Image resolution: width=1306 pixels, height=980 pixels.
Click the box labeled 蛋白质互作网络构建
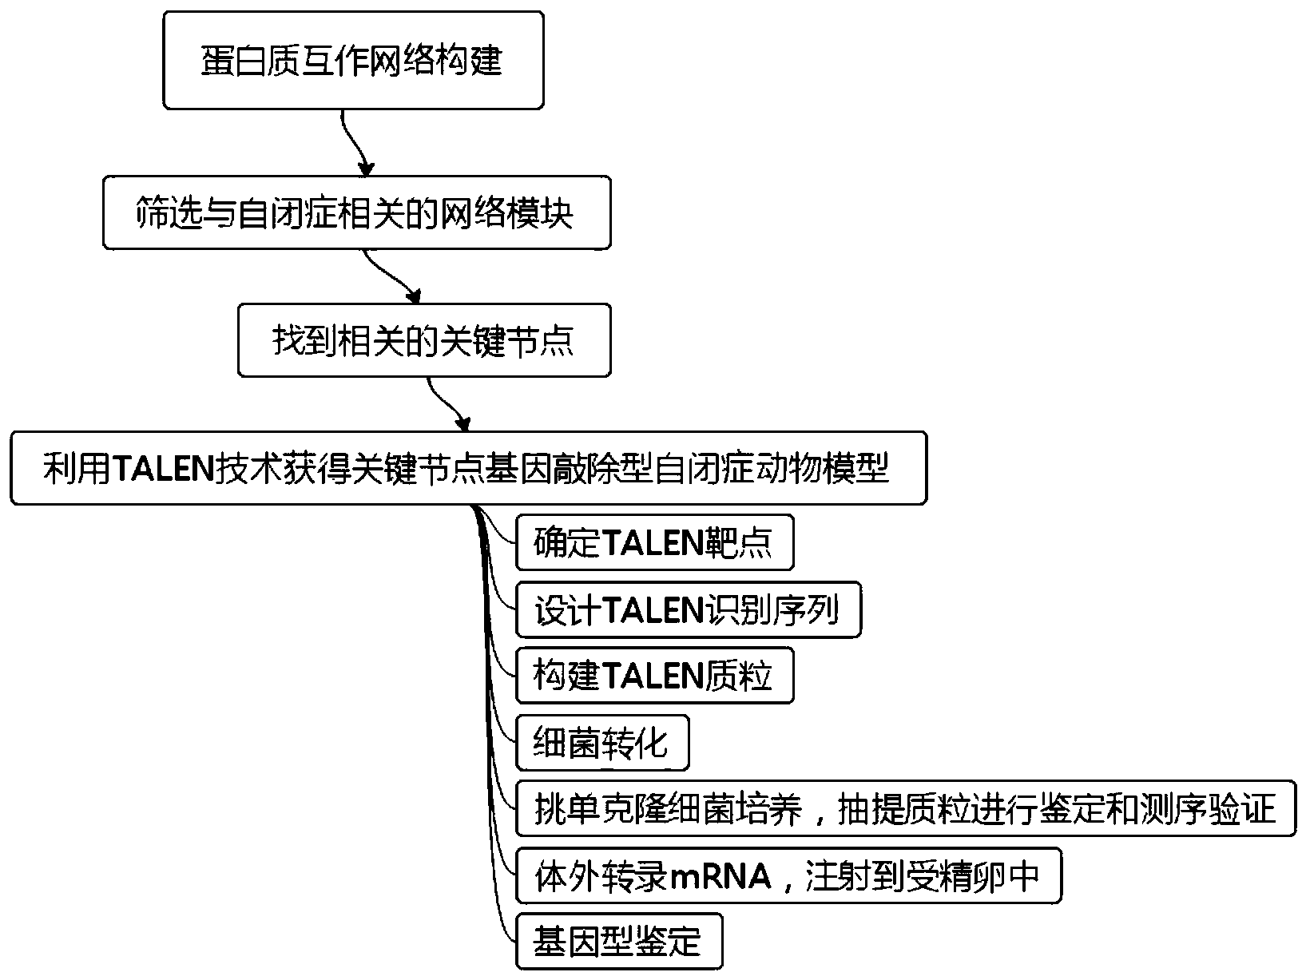tap(353, 61)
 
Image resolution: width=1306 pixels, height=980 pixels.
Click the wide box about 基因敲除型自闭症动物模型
tap(468, 468)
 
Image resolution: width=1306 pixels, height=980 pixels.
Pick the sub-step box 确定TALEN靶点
tap(654, 543)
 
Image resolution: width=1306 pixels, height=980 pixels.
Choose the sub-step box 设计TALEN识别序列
tap(688, 611)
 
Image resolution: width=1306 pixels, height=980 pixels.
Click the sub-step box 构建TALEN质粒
tap(654, 676)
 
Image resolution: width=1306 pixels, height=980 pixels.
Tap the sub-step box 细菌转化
tap(601, 743)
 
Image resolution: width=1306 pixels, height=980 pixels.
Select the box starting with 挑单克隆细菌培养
tap(905, 809)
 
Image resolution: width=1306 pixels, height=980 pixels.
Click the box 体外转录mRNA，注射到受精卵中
tap(788, 876)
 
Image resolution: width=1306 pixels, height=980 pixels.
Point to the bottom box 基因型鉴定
tap(618, 942)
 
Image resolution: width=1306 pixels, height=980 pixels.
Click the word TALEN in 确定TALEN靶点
tap(650, 544)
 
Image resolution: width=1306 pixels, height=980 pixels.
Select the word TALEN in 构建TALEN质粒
tap(650, 677)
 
